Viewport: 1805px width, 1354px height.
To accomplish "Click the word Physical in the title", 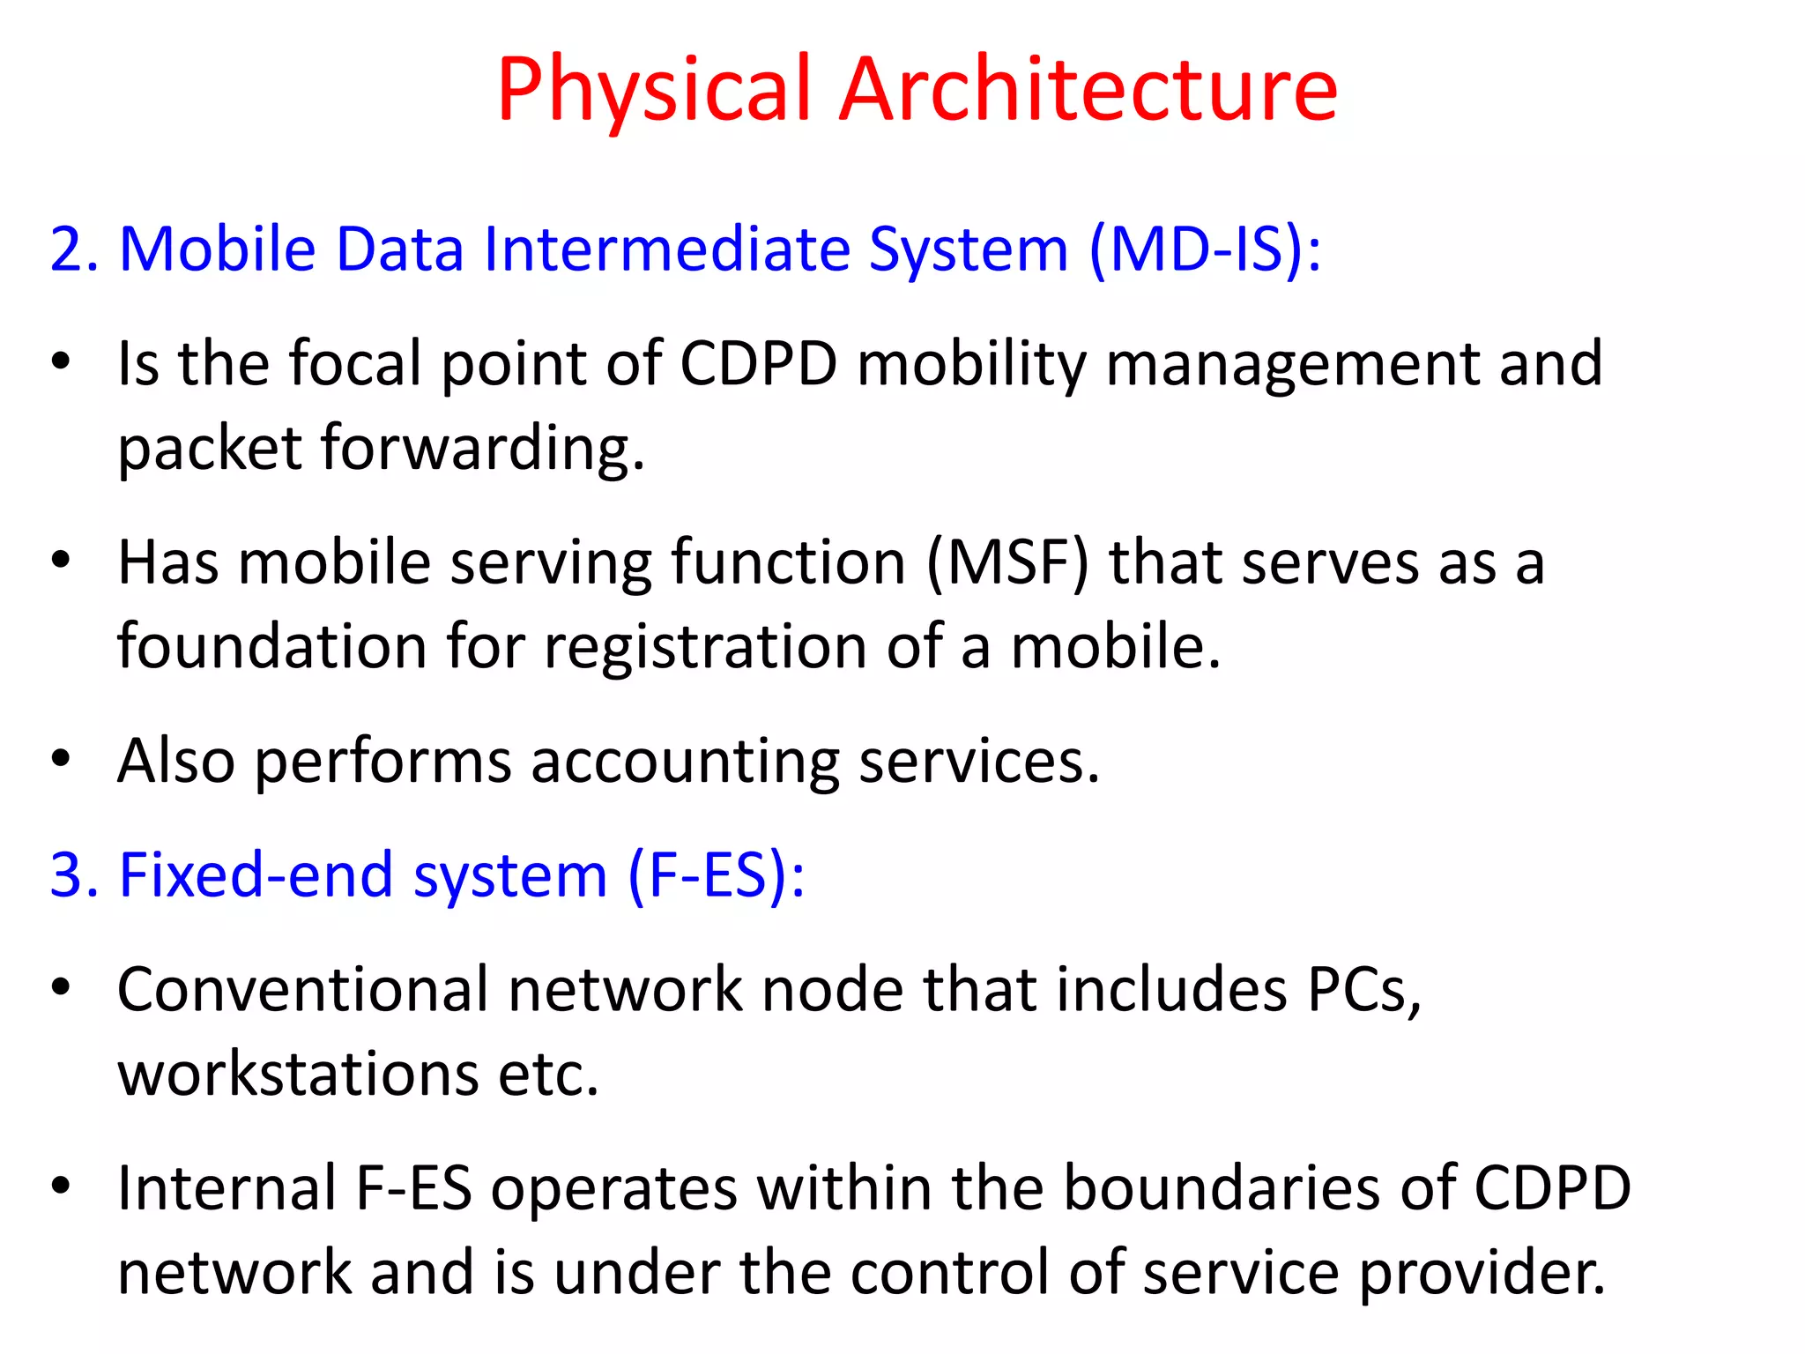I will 653,90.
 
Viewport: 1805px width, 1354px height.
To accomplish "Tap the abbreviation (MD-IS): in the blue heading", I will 1205,249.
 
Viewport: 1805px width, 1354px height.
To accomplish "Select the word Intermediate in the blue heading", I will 666,249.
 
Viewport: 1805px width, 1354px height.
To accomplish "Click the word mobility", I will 971,363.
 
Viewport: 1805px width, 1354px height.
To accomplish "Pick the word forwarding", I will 482,448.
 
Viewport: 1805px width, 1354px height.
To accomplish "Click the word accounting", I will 685,761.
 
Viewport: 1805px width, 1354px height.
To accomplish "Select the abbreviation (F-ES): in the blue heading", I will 716,875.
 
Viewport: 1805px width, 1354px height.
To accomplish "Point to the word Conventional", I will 302,989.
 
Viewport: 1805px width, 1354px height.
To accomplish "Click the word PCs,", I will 1364,989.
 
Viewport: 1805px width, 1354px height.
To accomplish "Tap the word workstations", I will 298,1074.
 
